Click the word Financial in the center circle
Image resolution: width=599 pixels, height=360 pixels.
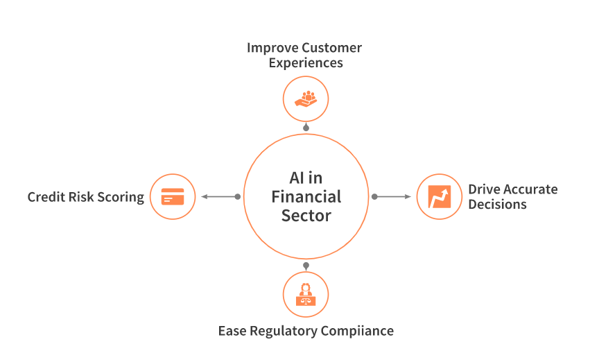coord(306,196)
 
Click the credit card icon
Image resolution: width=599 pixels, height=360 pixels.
coord(173,196)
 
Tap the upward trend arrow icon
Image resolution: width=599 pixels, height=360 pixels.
coord(439,196)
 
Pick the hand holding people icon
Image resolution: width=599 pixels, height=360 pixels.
coord(306,98)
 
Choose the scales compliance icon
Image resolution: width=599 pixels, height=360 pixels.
coord(306,294)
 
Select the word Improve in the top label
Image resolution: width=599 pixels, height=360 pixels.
coord(271,48)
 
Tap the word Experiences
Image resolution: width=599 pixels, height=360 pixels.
coord(305,63)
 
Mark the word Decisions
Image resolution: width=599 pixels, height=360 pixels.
coord(497,205)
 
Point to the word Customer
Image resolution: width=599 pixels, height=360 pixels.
coord(331,48)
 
